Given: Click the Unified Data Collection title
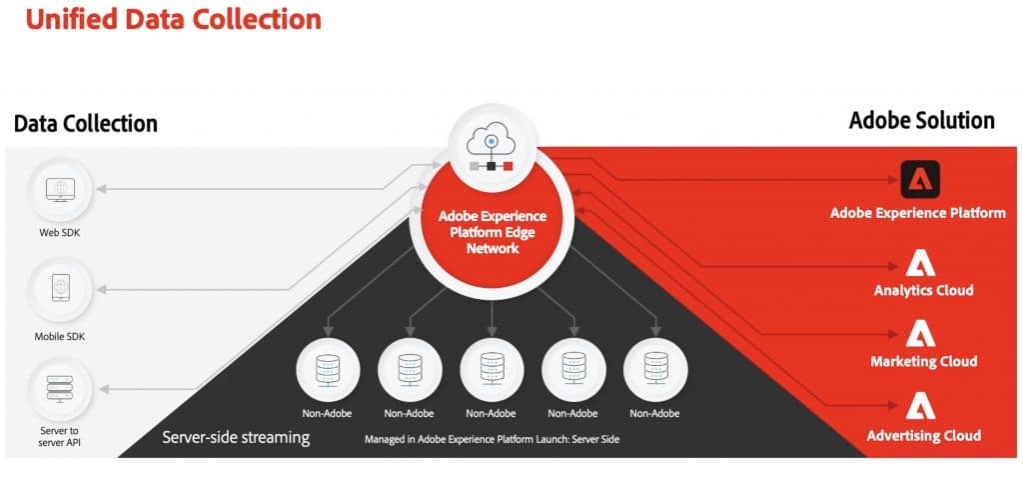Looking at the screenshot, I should [x=173, y=19].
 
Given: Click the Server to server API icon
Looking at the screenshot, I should [x=62, y=387].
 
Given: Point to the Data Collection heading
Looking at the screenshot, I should [x=86, y=124].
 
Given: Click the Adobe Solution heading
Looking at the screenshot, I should [x=921, y=121].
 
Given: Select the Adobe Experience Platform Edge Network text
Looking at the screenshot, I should [x=493, y=231].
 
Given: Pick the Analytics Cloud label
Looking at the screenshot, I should [x=923, y=291].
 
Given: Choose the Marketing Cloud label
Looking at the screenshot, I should [x=923, y=361].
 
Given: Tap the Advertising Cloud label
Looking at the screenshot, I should [x=923, y=435].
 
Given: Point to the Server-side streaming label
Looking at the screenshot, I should [x=236, y=438].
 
